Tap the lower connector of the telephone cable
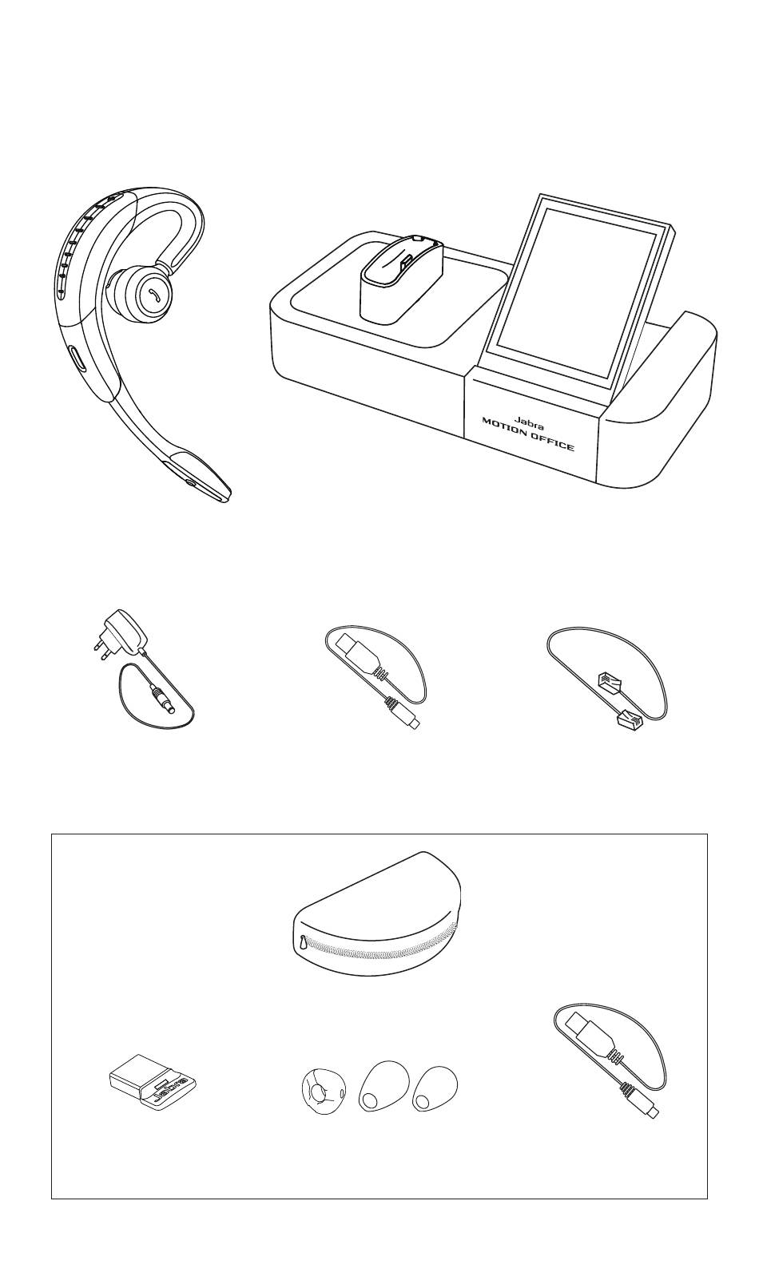(630, 719)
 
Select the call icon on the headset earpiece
(154, 293)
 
